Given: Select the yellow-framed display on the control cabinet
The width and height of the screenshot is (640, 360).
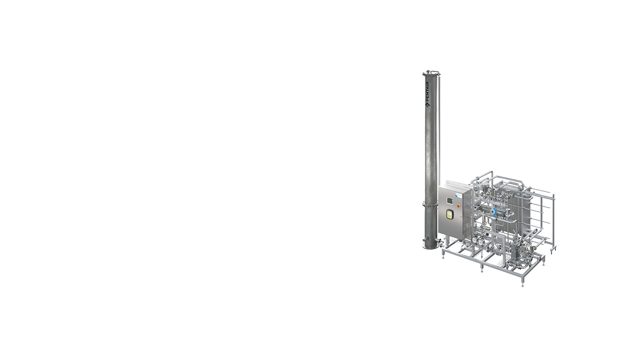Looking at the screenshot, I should coord(450,215).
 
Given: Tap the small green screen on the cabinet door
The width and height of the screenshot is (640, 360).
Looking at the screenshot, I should coord(449,201).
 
